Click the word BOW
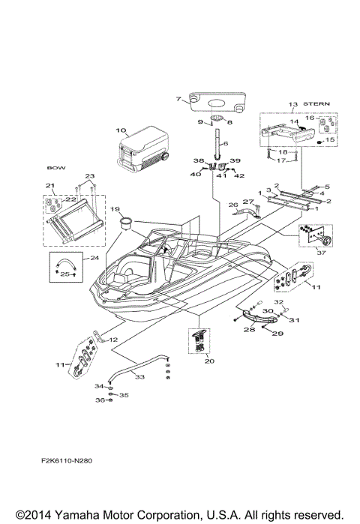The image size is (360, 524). pyautogui.click(x=52, y=169)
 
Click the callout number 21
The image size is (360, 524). pyautogui.click(x=49, y=186)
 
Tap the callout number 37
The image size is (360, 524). pyautogui.click(x=323, y=253)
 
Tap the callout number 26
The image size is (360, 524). pyautogui.click(x=232, y=203)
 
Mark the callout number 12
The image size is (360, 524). pyautogui.click(x=114, y=340)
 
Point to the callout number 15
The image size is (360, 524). pyautogui.click(x=330, y=139)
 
